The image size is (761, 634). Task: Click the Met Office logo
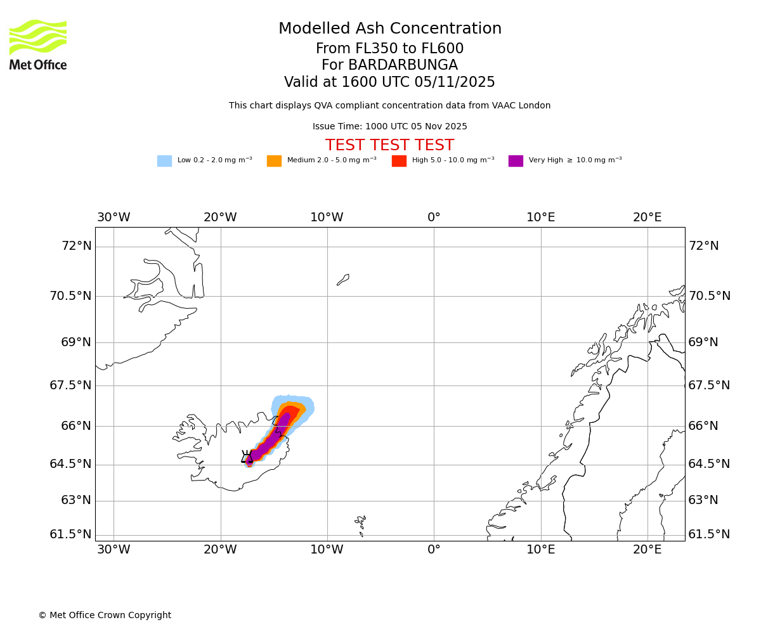38,44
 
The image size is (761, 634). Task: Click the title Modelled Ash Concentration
389,29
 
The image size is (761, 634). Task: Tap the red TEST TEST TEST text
389,145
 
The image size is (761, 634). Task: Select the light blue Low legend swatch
164,161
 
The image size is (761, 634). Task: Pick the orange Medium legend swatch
274,161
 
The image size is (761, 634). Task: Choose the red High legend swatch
399,161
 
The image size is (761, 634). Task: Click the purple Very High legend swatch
516,161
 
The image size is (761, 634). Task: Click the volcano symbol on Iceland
247,457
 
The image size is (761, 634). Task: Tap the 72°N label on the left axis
76,246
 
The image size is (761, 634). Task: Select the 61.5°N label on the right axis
709,534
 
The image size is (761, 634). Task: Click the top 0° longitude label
434,217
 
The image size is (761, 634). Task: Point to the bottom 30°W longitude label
114,550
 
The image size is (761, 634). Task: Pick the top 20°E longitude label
647,217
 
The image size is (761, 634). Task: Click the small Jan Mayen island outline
343,280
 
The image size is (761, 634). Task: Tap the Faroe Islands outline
361,523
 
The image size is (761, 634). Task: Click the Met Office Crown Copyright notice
105,615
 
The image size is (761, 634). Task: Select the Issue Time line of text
389,127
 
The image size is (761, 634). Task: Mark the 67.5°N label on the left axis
70,385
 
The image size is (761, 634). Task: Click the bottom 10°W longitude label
327,550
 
